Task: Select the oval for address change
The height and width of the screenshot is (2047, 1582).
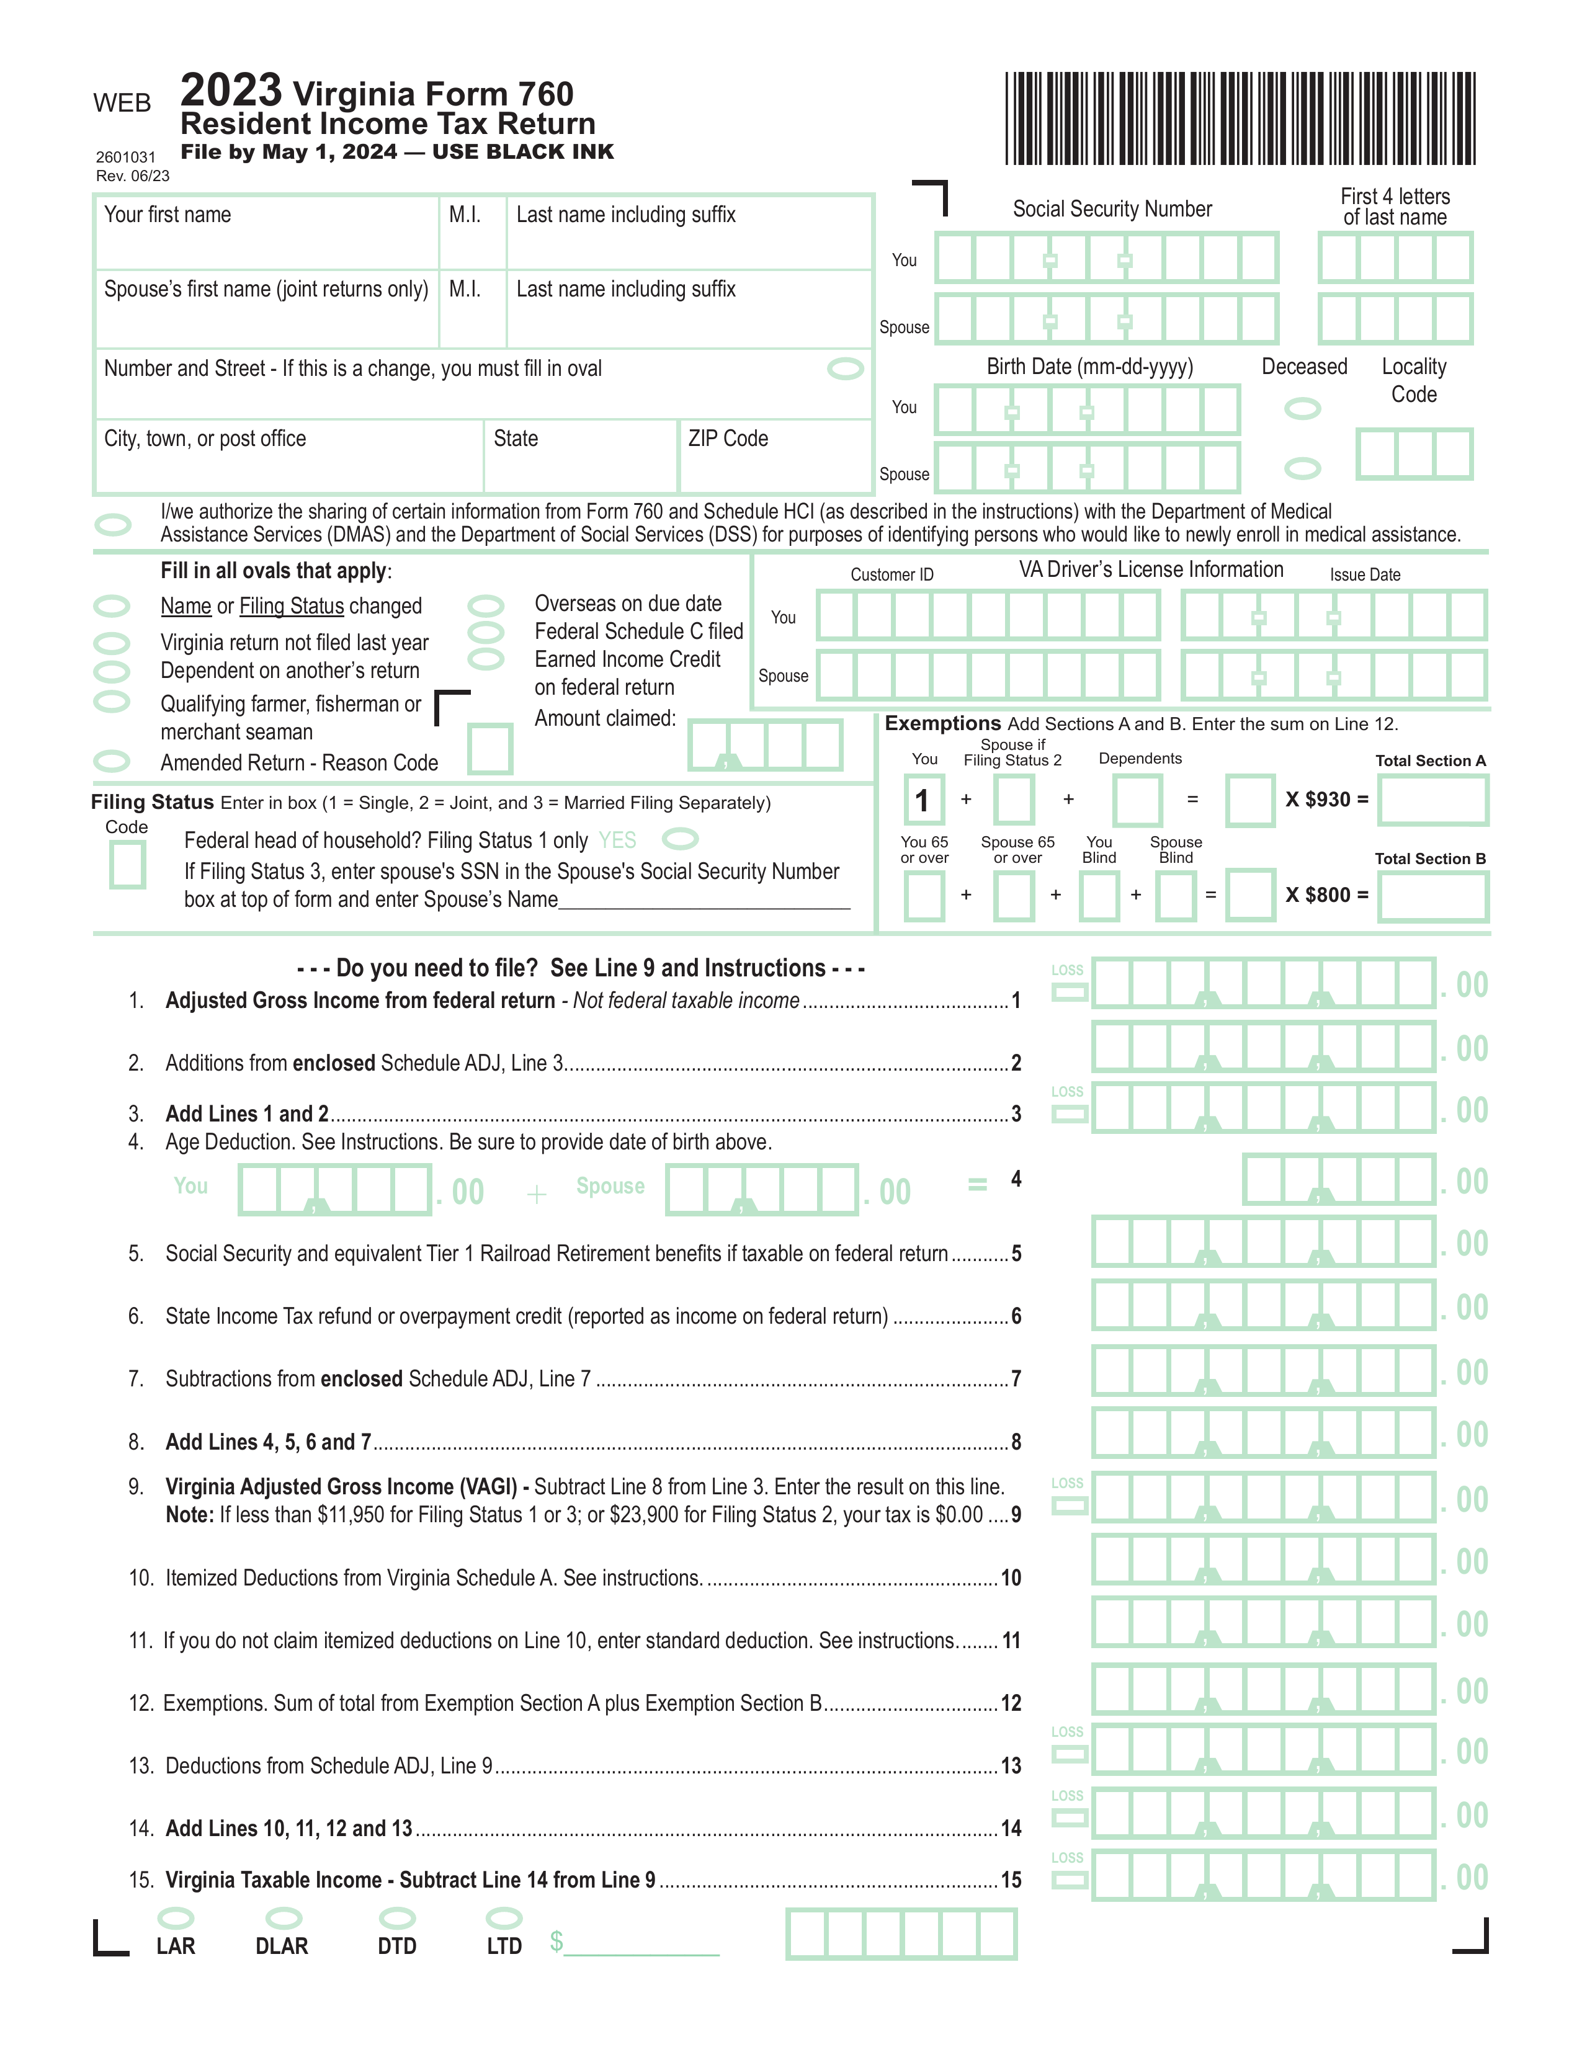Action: coord(844,369)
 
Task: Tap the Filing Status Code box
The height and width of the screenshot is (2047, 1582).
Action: coord(127,864)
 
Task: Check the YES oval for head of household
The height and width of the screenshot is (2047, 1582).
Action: coord(681,838)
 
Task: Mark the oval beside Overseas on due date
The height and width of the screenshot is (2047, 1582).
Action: coord(486,605)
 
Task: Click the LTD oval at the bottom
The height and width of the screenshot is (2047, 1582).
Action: coord(504,1917)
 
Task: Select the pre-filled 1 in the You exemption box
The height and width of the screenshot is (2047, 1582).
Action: coord(923,800)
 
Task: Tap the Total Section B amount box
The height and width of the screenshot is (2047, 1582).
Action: coord(1432,897)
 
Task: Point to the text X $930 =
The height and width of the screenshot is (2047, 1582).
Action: coord(1326,800)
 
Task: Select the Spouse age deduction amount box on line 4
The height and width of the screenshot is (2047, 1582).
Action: coord(761,1190)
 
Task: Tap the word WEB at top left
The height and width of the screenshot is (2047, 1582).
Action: coord(122,103)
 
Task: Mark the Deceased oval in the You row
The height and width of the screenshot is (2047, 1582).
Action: coord(1302,409)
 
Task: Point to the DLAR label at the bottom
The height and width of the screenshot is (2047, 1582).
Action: coord(281,1947)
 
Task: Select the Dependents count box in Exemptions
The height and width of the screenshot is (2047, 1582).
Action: coord(1137,800)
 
